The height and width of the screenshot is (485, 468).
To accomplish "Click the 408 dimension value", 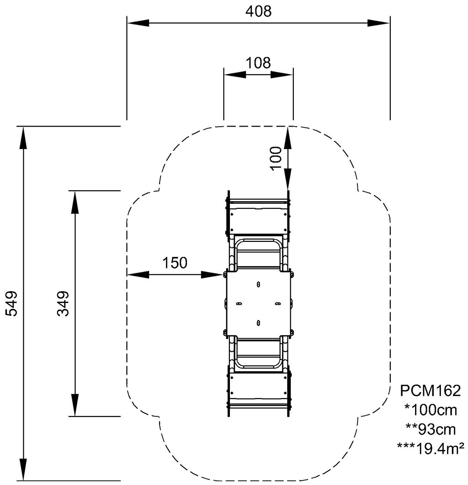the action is click(258, 11).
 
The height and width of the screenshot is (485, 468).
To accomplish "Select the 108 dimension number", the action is click(258, 63).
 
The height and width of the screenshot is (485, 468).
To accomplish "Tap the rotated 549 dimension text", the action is click(12, 304).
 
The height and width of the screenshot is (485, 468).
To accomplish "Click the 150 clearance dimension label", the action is click(175, 263).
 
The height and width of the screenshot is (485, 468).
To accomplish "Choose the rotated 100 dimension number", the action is click(276, 158).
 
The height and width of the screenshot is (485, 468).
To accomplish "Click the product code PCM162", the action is click(430, 391).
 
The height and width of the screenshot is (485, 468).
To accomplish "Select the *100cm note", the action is click(431, 410).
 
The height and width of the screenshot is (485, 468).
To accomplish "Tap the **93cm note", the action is click(431, 429).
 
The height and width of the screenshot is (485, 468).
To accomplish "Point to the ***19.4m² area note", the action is click(431, 448).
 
